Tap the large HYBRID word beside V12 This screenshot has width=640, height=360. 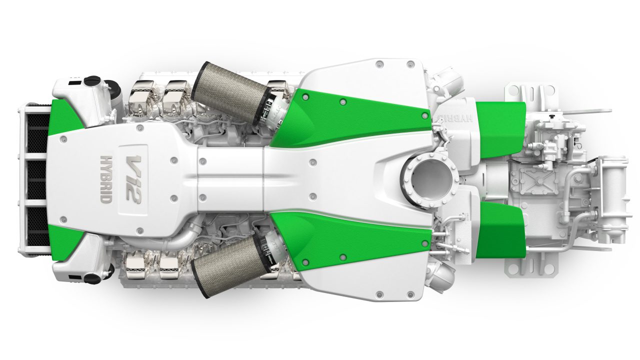(x=106, y=178)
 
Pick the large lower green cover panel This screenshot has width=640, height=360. (x=350, y=240)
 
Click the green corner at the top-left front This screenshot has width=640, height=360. (x=63, y=118)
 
